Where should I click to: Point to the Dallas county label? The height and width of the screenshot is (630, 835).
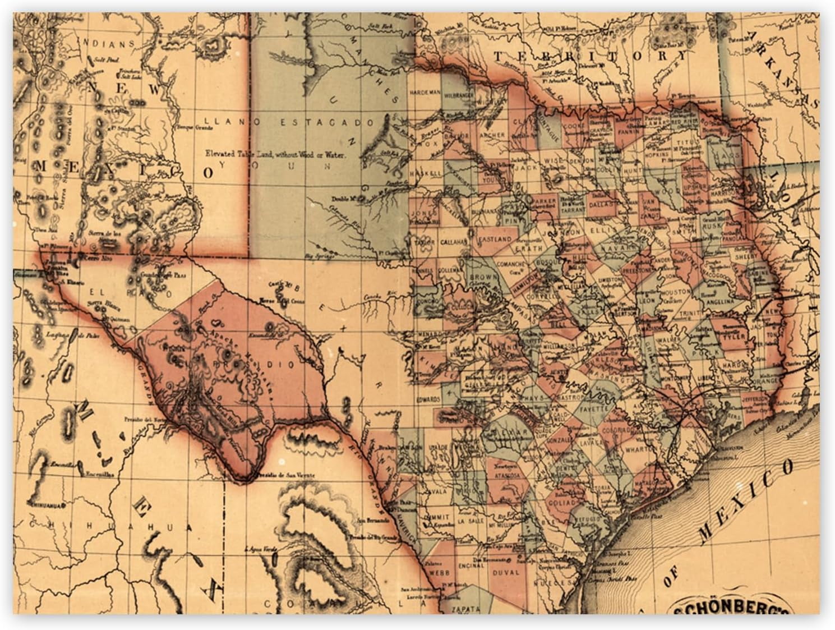coord(602,207)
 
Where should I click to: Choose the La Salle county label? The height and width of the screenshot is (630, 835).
coord(467,521)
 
